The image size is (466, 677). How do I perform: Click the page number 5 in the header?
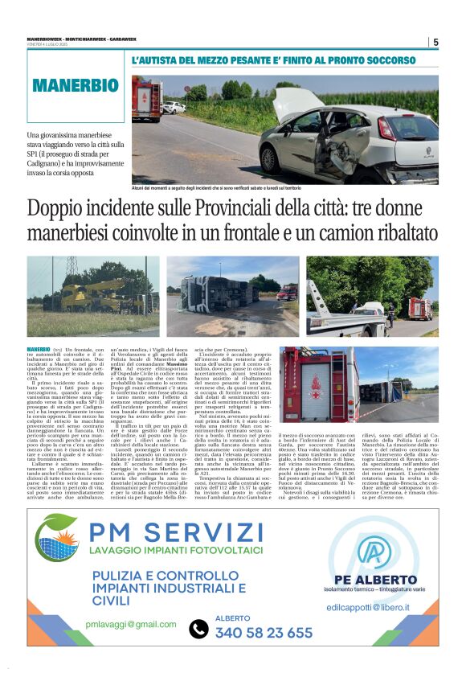(x=435, y=43)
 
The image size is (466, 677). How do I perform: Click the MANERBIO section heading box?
(x=76, y=85)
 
